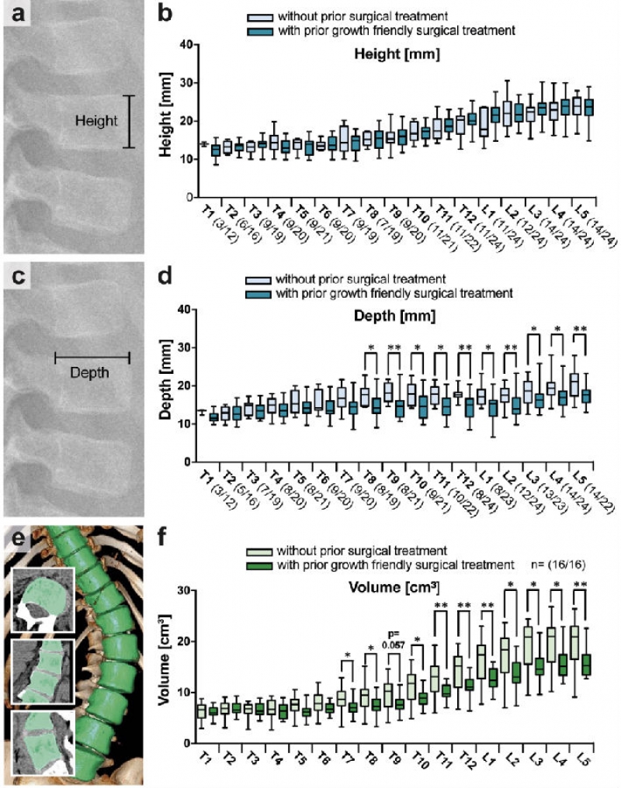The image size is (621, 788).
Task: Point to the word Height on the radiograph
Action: pyautogui.click(x=96, y=121)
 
